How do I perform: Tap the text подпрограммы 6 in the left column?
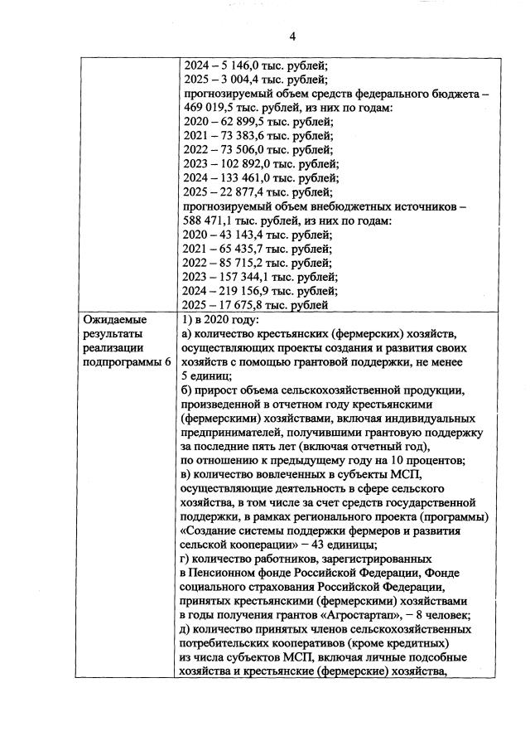pyautogui.click(x=120, y=362)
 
